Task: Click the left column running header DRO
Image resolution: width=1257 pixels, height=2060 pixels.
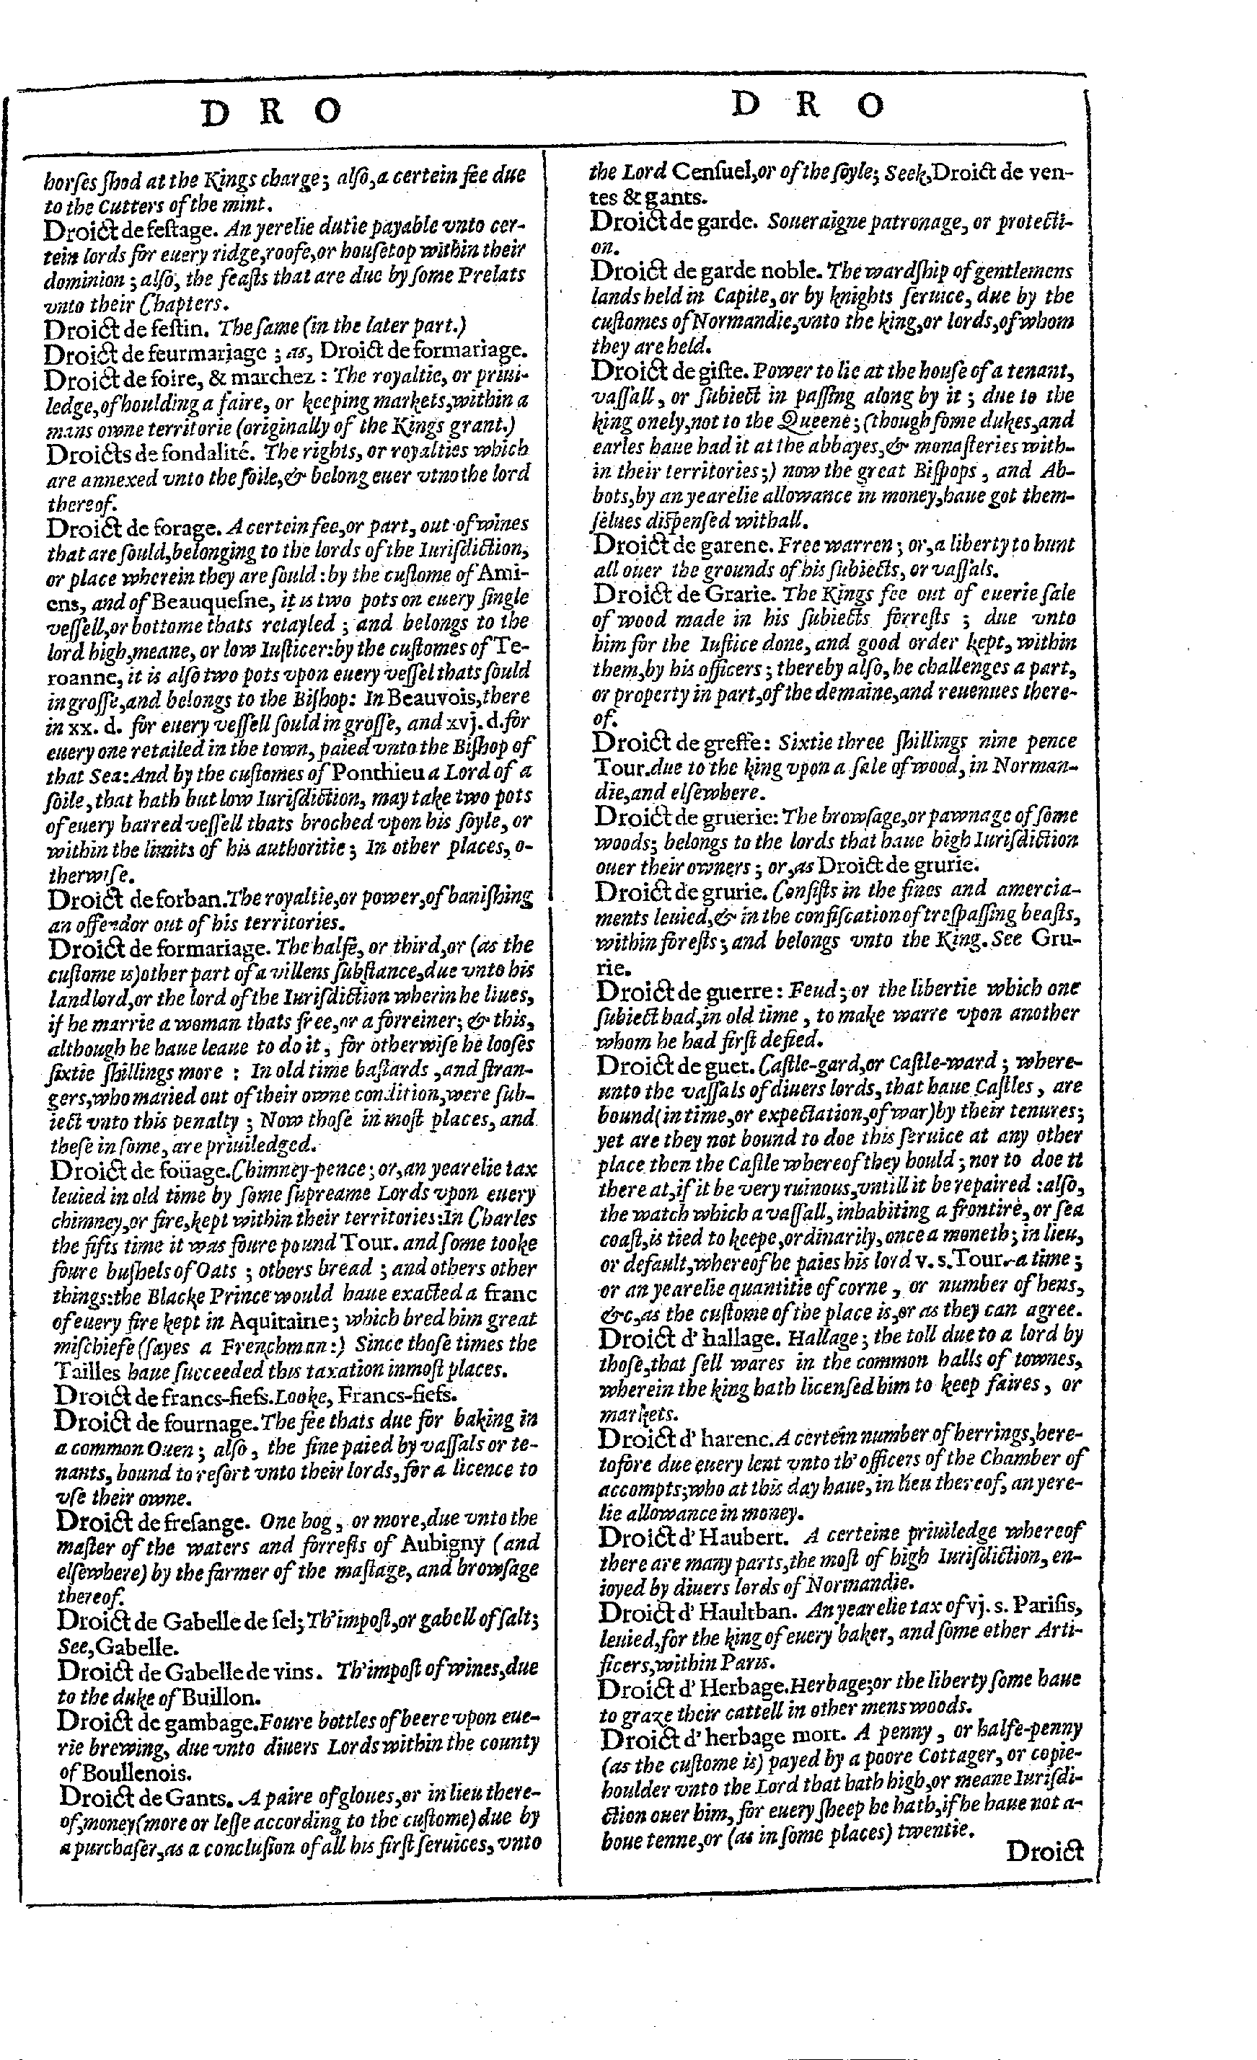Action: coord(272,112)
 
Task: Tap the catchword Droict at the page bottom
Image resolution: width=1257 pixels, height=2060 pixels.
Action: coord(1044,1852)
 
